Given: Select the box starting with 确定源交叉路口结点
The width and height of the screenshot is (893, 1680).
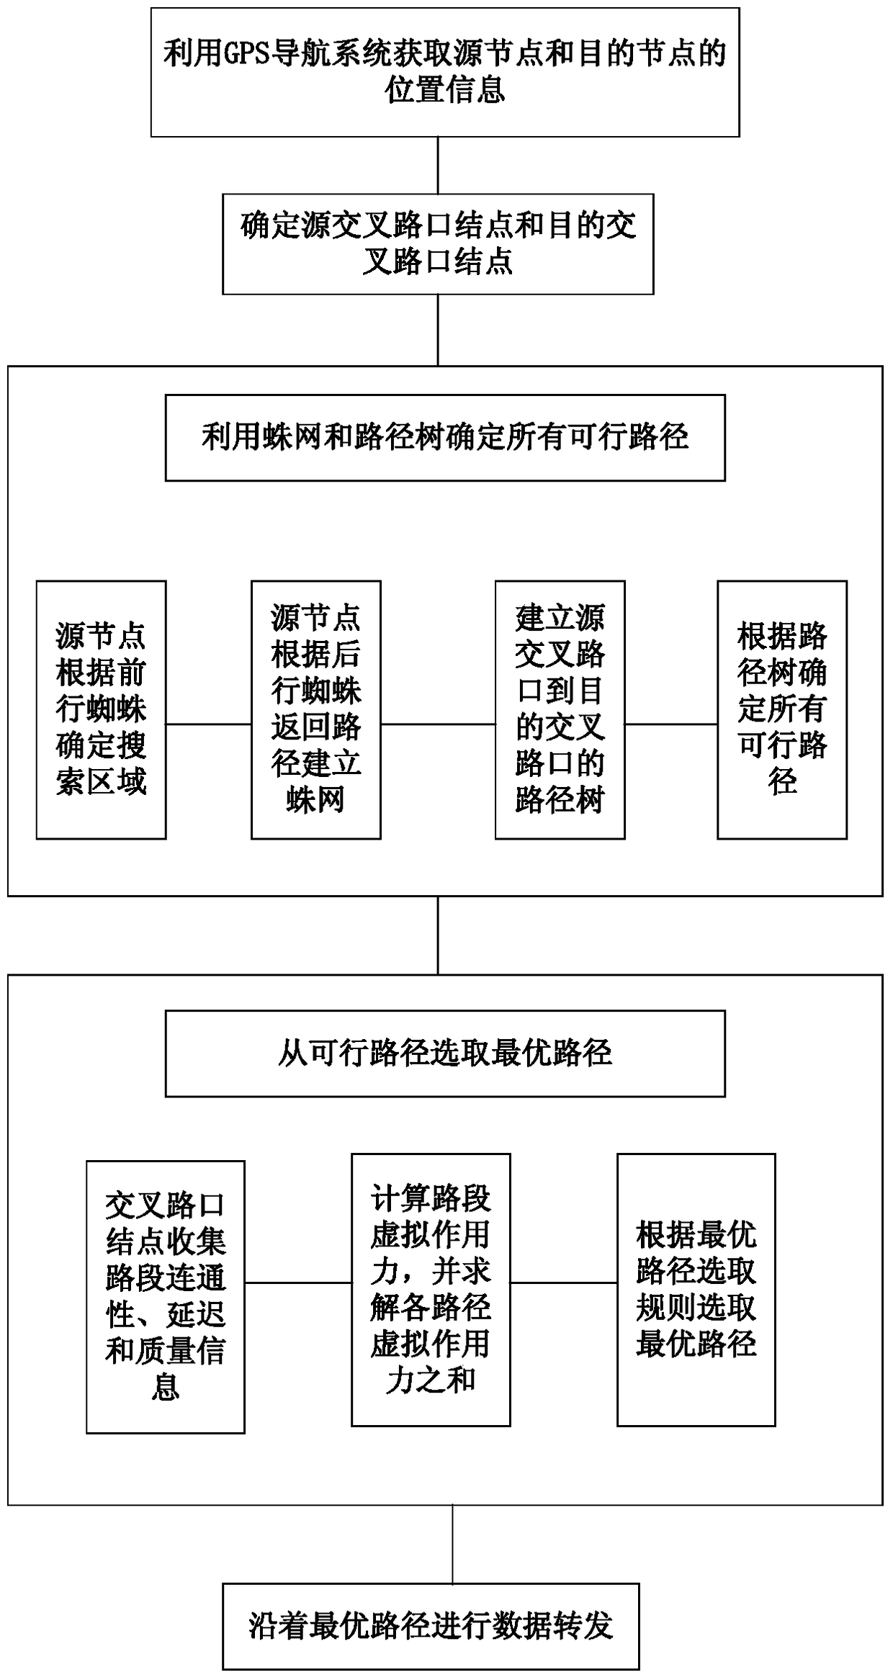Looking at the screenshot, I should pos(438,244).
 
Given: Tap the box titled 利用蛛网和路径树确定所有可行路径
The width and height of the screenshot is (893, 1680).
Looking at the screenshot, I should pos(445,437).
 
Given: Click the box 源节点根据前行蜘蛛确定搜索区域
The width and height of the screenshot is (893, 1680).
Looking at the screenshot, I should pos(101,709).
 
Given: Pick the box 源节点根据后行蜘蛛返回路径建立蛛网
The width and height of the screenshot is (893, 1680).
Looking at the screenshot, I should pos(315,709).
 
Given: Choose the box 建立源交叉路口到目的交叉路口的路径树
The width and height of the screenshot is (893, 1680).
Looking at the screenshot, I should pos(560,709).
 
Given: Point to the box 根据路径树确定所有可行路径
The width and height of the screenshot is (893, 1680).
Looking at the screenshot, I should pos(781,709).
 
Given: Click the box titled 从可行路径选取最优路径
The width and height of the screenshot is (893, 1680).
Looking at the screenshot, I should pos(445,1053).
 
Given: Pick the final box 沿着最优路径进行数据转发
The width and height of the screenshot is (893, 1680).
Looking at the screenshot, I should pos(431,1626).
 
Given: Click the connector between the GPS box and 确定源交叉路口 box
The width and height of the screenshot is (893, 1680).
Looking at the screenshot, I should pos(438,165).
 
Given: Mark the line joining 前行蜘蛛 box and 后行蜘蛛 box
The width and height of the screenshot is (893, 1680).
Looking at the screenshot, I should pos(208,724).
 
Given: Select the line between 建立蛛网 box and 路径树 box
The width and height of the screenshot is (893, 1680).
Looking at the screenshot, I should pos(438,724).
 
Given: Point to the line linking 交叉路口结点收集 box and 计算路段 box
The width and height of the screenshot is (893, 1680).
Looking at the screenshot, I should pos(298,1282).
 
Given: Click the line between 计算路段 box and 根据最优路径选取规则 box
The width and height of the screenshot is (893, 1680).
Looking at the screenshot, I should pos(563,1282).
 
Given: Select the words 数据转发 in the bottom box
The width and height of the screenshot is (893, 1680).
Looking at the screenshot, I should pos(552,1626).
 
